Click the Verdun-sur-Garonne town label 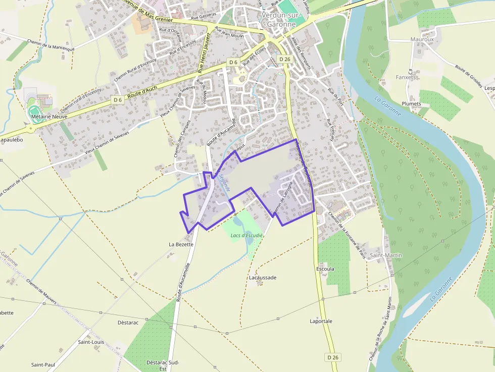click(x=282, y=19)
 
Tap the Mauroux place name click(x=422, y=39)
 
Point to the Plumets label click(x=411, y=103)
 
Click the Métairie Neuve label click(x=49, y=116)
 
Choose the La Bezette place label click(x=181, y=244)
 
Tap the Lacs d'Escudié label click(x=246, y=235)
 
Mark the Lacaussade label click(x=263, y=278)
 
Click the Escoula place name click(x=325, y=269)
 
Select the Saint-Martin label click(x=386, y=255)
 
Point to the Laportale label click(x=321, y=321)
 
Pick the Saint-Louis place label click(x=91, y=342)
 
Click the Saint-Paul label click(x=43, y=364)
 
